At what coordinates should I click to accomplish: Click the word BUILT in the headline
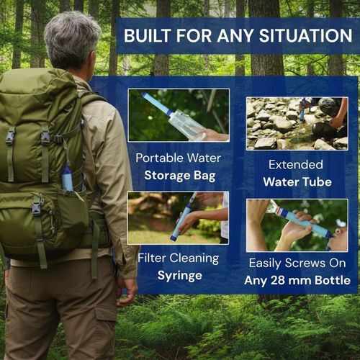pyautogui.click(x=147, y=35)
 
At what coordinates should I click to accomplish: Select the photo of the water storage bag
pyautogui.click(x=178, y=115)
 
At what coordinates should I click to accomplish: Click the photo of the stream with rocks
pyautogui.click(x=297, y=123)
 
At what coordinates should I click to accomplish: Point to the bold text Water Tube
pyautogui.click(x=297, y=183)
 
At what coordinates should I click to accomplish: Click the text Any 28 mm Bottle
pyautogui.click(x=297, y=279)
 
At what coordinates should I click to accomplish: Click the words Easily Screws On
pyautogui.click(x=297, y=263)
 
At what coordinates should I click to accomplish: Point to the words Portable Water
pyautogui.click(x=178, y=157)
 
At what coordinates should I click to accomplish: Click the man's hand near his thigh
pyautogui.click(x=127, y=289)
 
